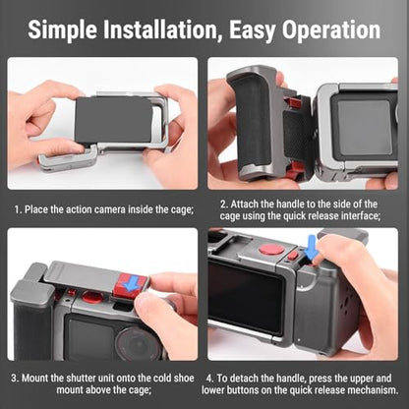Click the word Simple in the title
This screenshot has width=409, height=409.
(63, 29)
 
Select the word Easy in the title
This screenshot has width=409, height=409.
(252, 30)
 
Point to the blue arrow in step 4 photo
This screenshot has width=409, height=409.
(312, 248)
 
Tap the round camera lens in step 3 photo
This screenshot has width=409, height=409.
(136, 344)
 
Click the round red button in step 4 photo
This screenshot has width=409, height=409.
(271, 250)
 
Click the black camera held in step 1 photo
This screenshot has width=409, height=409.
(114, 120)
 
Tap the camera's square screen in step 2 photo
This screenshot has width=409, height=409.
(365, 127)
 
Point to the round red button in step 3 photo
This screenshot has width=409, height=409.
(92, 297)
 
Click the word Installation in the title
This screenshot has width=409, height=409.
(161, 29)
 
